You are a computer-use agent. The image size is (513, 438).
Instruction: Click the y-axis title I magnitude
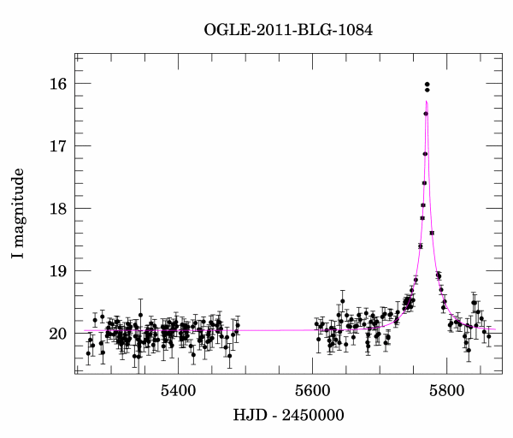[18, 214]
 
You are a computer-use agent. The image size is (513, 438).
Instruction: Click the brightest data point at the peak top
[427, 84]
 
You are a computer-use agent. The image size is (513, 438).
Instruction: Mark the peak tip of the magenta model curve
[427, 101]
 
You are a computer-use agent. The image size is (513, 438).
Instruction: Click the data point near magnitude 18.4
[432, 233]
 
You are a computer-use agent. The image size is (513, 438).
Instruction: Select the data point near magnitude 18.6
[421, 246]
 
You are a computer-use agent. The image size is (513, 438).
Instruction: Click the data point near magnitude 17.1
[425, 154]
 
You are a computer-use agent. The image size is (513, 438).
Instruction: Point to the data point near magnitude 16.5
[426, 114]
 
